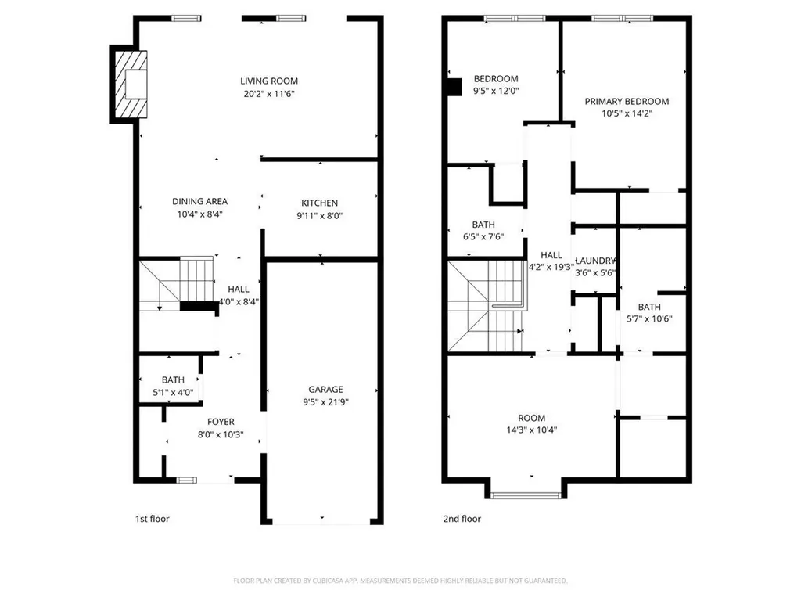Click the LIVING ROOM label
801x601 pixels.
pos(268,81)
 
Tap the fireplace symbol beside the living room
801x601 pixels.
pos(131,83)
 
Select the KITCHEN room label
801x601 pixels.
pos(319,203)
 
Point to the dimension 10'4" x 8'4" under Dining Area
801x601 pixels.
pos(199,214)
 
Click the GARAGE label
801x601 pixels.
pos(325,390)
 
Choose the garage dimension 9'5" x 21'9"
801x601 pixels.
pos(325,402)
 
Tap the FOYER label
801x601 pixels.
pos(221,422)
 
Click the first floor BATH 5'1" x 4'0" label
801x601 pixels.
pos(173,380)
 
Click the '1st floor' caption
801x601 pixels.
pos(152,519)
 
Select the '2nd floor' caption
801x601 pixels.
pos(462,519)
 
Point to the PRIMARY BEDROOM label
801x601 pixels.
pos(627,101)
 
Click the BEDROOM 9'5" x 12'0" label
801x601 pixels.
pos(496,79)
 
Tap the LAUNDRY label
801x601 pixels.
pos(596,261)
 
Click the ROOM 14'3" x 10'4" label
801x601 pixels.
pos(531,418)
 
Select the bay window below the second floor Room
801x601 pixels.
pos(526,494)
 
